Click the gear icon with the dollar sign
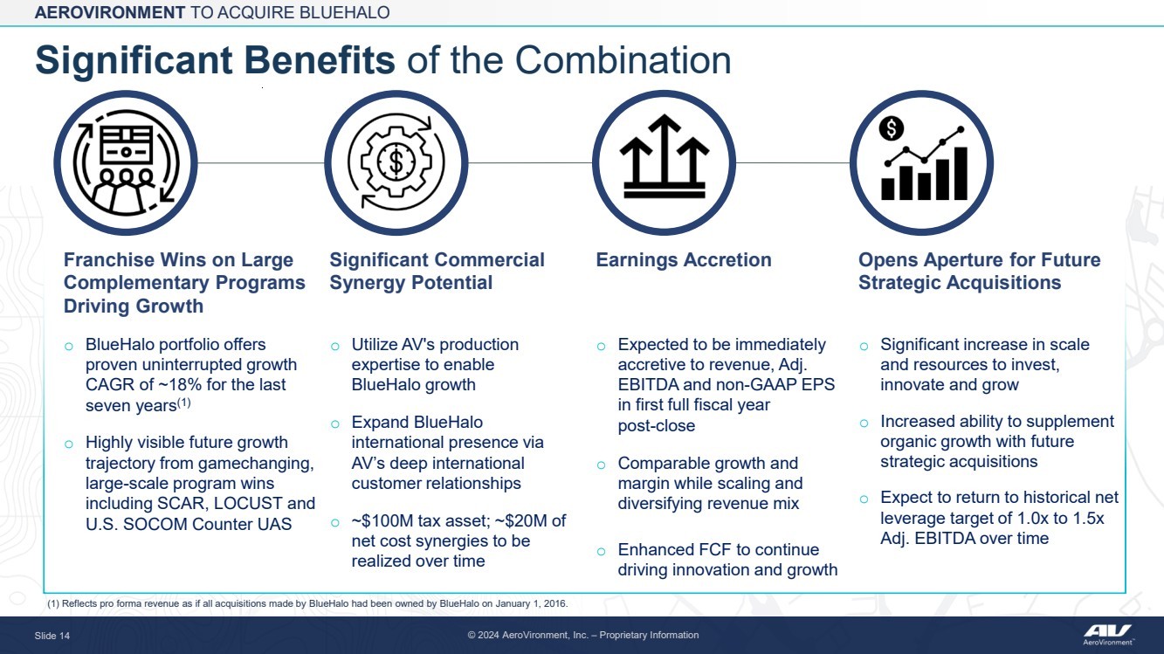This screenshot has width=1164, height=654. pos(396,162)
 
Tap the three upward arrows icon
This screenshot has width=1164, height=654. pos(665,156)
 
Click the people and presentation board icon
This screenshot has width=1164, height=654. pos(126,162)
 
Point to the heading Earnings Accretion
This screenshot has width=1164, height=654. pos(684,259)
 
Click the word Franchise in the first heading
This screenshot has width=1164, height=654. pos(108,259)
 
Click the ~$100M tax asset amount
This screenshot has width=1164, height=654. pos(379,520)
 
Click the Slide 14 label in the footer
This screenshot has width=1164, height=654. pos(52,636)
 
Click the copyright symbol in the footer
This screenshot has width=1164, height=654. pos(472,636)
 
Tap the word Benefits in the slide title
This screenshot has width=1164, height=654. pos(319,60)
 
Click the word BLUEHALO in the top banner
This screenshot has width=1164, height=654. pos(345,12)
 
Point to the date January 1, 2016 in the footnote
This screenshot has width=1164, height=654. pos(531,603)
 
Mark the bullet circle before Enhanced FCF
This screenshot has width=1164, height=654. pos(601,551)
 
